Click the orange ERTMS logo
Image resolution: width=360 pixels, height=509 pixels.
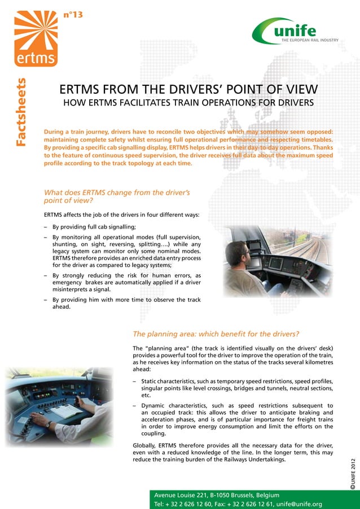point(34,39)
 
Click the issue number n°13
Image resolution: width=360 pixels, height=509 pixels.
point(73,15)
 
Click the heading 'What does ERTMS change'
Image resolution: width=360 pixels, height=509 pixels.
point(116,192)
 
